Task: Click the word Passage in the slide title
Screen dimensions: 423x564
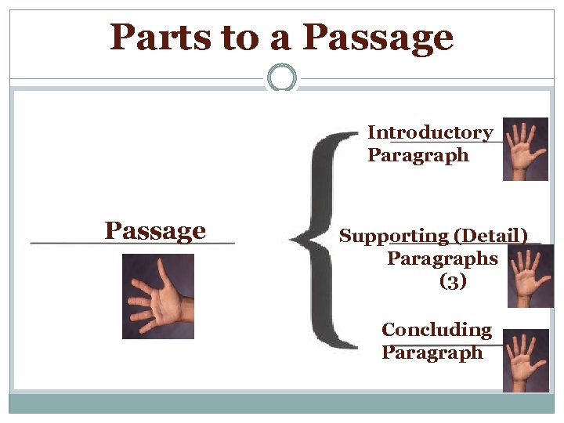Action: [x=378, y=37]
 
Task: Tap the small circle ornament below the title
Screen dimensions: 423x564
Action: [x=282, y=78]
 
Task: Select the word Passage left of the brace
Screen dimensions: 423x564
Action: [x=155, y=231]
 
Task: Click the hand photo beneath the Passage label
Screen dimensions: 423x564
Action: [x=157, y=296]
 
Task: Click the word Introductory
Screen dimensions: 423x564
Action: [x=430, y=132]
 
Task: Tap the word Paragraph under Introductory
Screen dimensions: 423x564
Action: [x=418, y=155]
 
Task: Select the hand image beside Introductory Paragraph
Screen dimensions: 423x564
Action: [x=525, y=149]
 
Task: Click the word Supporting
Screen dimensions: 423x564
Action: [x=393, y=236]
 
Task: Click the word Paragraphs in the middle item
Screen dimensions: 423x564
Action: [x=443, y=258]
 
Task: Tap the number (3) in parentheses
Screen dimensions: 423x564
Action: [x=453, y=281]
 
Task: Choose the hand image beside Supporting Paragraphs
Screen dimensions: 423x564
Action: [x=530, y=275]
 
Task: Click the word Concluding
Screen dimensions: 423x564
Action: [x=436, y=330]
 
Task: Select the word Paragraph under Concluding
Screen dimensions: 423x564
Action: [x=432, y=352]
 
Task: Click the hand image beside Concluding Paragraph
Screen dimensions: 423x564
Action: [x=525, y=360]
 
